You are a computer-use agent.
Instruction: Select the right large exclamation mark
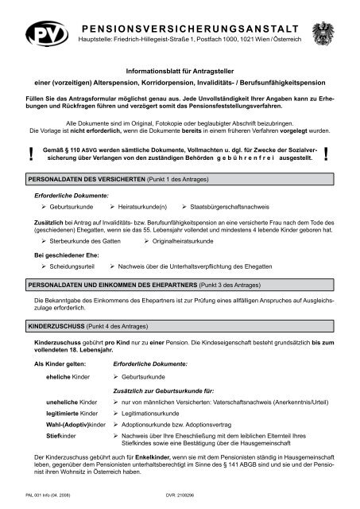pos(328,159)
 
